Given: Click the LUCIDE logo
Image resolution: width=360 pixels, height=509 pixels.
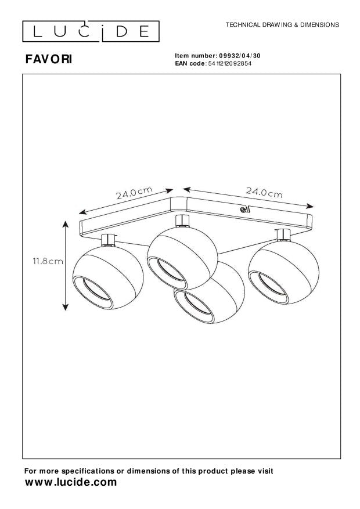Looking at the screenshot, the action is [91, 31].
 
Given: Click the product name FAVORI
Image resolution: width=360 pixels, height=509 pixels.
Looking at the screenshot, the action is [49, 59].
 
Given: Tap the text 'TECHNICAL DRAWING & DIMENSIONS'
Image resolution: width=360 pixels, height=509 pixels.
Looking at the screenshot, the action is [282, 25].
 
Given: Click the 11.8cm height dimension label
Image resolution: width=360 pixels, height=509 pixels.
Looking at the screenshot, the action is [48, 261].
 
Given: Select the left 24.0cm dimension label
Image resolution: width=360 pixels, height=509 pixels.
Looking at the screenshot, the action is [134, 193].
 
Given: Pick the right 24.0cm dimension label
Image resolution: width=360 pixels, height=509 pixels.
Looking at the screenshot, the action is [264, 193].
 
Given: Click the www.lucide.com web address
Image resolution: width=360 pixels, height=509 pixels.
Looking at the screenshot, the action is [71, 482].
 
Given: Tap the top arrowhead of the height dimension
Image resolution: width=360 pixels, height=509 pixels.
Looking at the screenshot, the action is [66, 223].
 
